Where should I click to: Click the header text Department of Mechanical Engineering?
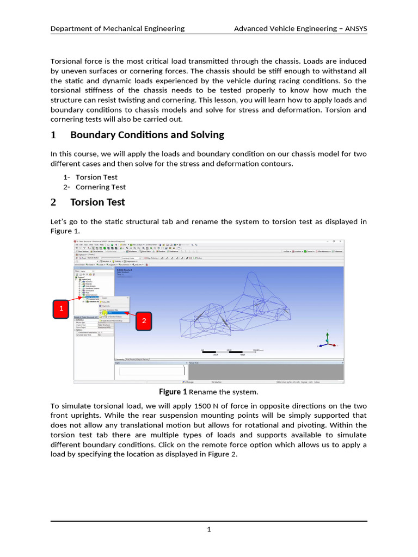click(117, 29)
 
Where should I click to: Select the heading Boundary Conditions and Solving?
click(147, 135)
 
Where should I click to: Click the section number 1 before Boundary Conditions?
click(53, 135)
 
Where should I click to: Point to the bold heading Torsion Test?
click(97, 202)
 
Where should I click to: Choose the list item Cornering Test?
click(100, 187)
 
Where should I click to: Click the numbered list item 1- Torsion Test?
click(90, 177)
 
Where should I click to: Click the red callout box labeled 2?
click(144, 321)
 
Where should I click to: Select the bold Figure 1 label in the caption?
click(173, 392)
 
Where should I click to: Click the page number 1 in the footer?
click(209, 530)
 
